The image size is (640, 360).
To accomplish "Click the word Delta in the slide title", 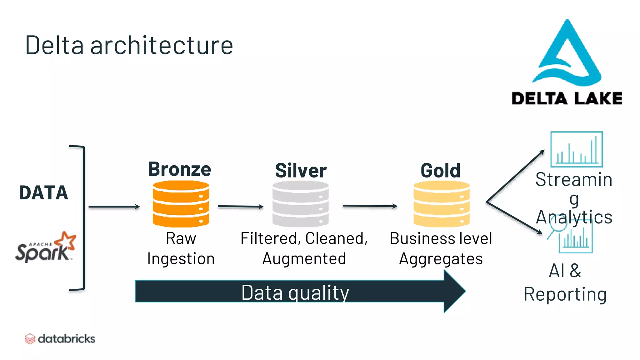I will click(x=54, y=46).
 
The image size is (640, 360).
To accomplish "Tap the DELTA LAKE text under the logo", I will click(x=567, y=98).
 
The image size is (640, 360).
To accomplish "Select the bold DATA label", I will click(x=43, y=192).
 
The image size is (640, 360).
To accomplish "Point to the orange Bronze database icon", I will click(x=181, y=204).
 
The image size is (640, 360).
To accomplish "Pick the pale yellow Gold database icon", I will click(x=442, y=204).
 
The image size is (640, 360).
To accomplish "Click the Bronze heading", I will click(x=180, y=169).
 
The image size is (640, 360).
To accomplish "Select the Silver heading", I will click(x=301, y=171).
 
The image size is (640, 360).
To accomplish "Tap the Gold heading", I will click(x=441, y=171).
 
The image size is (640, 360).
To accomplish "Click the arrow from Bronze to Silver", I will click(x=241, y=206).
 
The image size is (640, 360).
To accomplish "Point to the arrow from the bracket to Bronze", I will click(x=114, y=207).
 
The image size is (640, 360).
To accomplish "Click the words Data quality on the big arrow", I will click(x=295, y=292).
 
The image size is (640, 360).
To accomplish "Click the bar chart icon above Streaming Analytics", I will click(x=576, y=150).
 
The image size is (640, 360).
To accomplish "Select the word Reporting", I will click(x=565, y=294).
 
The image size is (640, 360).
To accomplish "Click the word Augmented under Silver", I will click(x=304, y=259).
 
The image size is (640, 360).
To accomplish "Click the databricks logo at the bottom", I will click(x=60, y=339).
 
